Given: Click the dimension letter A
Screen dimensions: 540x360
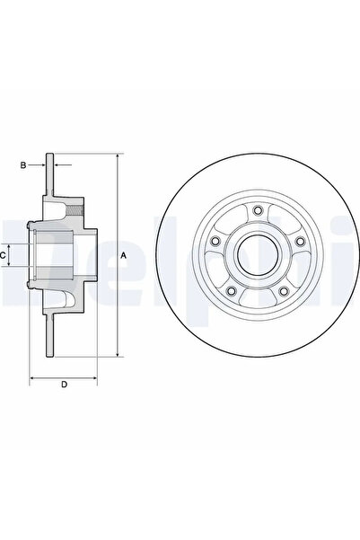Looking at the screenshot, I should click(x=125, y=256).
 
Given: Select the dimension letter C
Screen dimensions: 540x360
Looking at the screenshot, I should click(x=4, y=256).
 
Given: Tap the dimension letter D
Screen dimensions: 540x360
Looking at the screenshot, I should click(x=64, y=385).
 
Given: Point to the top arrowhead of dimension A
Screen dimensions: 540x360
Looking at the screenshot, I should click(x=117, y=158).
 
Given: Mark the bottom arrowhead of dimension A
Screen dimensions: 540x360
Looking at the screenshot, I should click(x=117, y=356).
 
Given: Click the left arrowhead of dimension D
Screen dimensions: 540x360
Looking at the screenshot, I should click(x=33, y=377).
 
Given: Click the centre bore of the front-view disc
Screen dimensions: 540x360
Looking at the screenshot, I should click(x=257, y=256).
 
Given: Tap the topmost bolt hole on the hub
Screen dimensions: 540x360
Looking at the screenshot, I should click(x=257, y=211).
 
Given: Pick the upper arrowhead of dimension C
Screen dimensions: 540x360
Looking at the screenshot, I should click(x=13, y=244).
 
